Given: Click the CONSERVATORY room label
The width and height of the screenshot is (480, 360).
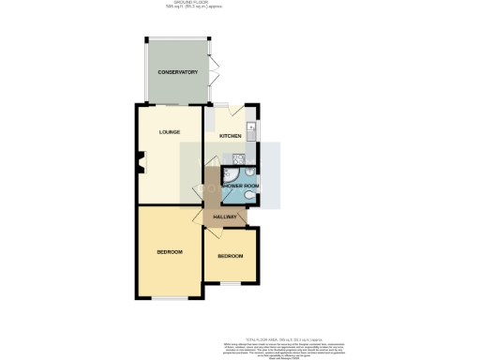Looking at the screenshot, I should [x=176, y=72].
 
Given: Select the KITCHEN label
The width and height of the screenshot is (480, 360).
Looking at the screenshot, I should [x=230, y=136].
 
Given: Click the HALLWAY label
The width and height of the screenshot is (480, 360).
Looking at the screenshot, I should [x=225, y=217].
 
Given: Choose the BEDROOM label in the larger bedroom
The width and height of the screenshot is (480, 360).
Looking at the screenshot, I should [x=169, y=252].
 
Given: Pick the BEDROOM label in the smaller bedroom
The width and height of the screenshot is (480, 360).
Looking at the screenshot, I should [x=231, y=256].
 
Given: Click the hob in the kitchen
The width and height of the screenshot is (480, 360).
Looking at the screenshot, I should [x=239, y=158].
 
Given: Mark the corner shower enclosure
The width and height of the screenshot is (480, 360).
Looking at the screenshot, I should [x=231, y=173].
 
